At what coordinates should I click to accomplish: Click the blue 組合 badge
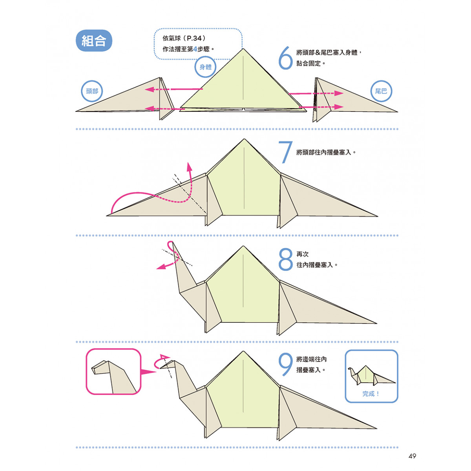click(94, 40)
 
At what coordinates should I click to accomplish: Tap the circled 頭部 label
click(92, 91)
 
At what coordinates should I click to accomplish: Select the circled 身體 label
click(205, 67)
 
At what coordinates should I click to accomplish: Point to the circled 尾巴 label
click(381, 91)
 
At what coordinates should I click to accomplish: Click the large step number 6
click(285, 58)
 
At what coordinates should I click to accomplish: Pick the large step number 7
click(285, 152)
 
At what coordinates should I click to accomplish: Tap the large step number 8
click(285, 259)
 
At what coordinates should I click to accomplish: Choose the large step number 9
click(285, 364)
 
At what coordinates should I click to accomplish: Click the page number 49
click(412, 456)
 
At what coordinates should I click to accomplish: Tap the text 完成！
click(371, 394)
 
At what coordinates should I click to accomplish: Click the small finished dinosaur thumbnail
click(371, 375)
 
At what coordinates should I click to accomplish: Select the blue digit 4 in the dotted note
click(195, 49)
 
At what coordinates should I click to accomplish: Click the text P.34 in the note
click(194, 38)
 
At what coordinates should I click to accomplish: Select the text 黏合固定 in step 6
click(308, 64)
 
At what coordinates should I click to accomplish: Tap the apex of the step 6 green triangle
click(243, 49)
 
